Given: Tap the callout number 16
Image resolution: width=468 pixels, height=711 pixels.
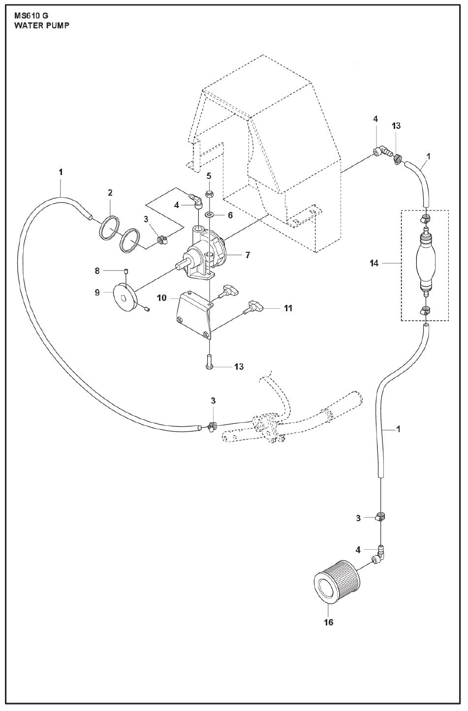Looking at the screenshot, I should pos(328,622).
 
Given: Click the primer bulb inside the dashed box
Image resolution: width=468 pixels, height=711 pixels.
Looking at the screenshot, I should pos(426,264).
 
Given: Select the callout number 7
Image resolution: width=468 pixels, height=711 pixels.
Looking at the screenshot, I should pos(248,255).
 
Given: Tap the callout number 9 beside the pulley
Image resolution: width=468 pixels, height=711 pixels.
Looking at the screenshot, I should pos(97,292).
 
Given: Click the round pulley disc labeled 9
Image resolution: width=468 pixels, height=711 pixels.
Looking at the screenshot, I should pos(125,296).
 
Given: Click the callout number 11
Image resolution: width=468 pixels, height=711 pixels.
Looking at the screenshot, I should pos(288,308).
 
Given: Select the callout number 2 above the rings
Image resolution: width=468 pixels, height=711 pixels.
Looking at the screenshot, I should pos(110,192).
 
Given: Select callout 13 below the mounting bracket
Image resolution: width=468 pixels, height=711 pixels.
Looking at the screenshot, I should pos(238,366).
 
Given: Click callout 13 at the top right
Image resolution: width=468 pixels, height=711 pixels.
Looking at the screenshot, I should pos(396,126).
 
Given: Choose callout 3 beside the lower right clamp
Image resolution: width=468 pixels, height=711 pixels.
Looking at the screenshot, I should pos(358,518).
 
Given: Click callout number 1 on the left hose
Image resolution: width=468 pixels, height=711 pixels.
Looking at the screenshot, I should pos(61,172).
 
